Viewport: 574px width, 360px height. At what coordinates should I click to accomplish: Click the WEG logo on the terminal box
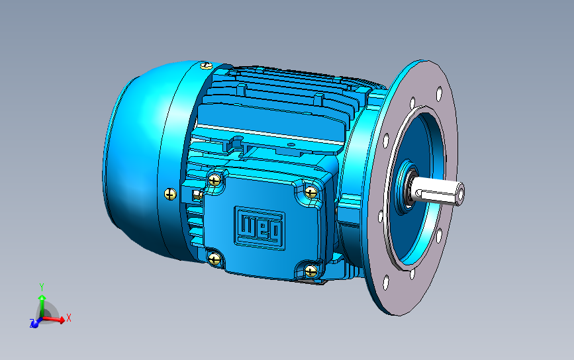(x=260, y=228)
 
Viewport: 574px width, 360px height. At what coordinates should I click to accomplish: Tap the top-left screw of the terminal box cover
(x=214, y=179)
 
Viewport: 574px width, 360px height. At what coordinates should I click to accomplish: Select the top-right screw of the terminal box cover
(x=311, y=192)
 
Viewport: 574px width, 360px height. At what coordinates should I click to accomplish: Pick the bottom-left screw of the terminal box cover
(x=214, y=259)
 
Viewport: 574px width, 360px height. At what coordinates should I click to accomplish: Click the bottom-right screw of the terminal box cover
(x=311, y=271)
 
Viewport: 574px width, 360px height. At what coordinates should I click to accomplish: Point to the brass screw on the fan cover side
(x=170, y=195)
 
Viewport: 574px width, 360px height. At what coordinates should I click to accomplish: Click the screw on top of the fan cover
(x=207, y=66)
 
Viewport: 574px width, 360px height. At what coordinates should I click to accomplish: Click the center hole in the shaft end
(x=460, y=192)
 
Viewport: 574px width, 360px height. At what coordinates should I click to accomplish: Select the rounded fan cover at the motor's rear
(x=136, y=161)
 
